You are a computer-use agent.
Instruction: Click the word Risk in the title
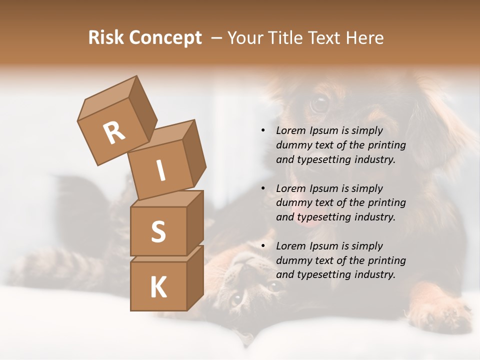click(106, 38)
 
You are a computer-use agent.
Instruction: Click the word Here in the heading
click(364, 38)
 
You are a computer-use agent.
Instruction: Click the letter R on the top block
click(114, 133)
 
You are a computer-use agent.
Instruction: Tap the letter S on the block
click(158, 232)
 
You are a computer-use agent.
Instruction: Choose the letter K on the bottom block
click(158, 287)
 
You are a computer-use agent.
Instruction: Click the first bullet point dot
click(263, 131)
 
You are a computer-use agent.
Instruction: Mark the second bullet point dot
click(263, 189)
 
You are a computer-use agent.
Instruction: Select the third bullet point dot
click(263, 246)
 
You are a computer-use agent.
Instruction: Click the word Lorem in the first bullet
click(291, 131)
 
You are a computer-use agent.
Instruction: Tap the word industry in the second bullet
click(374, 217)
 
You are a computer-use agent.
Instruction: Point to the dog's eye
click(319, 104)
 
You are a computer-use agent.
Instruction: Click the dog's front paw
click(440, 312)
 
